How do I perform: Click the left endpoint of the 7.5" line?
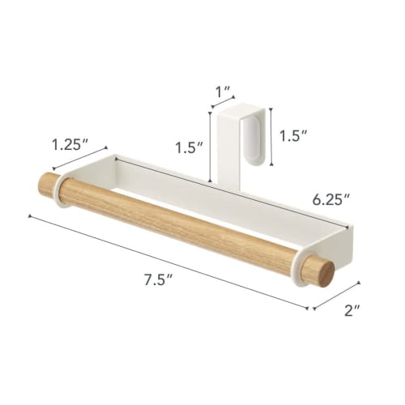click(x=30, y=215)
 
